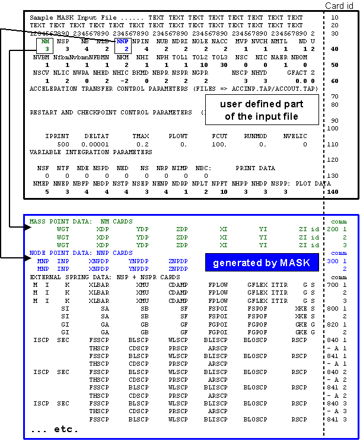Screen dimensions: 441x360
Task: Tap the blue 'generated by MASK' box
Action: [262, 263]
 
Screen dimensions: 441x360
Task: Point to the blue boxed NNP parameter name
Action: [123, 42]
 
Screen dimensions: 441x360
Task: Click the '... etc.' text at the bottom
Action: [54, 428]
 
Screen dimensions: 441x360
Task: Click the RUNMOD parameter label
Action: [255, 136]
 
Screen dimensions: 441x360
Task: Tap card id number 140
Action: [334, 192]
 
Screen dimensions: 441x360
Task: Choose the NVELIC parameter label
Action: [295, 136]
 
